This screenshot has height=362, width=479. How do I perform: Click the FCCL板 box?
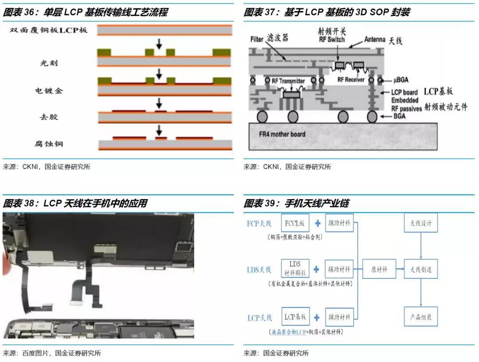click(x=295, y=223)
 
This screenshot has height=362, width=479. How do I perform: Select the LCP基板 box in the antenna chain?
click(x=295, y=317)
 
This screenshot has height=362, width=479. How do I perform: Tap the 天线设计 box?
click(x=420, y=223)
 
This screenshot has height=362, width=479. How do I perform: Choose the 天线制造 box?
click(x=420, y=269)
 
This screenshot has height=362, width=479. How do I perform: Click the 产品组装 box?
click(x=420, y=317)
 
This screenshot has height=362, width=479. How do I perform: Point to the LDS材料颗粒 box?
click(x=295, y=269)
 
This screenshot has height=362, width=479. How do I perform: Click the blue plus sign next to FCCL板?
click(x=318, y=223)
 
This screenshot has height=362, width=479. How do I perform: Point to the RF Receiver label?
click(x=351, y=80)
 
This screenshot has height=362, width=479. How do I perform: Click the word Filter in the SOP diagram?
click(x=257, y=39)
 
